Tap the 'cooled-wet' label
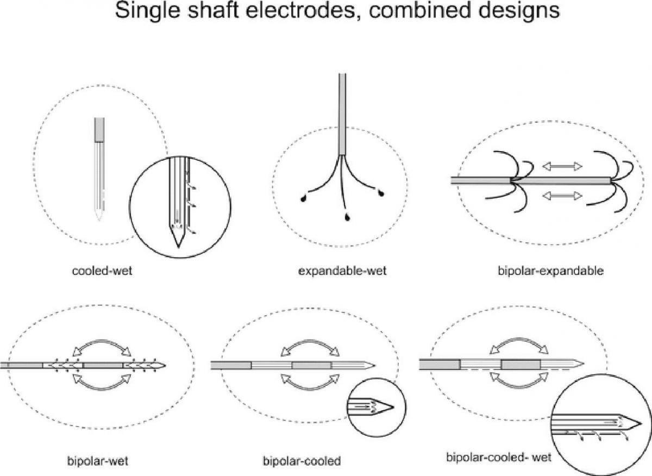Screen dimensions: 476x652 pyautogui.click(x=102, y=271)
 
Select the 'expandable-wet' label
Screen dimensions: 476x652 pyautogui.click(x=342, y=271)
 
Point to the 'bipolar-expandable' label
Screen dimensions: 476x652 pyautogui.click(x=550, y=271)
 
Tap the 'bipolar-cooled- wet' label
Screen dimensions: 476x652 pyautogui.click(x=499, y=457)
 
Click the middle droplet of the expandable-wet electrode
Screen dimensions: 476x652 pyautogui.click(x=346, y=217)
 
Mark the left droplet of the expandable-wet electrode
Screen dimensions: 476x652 pyautogui.click(x=303, y=199)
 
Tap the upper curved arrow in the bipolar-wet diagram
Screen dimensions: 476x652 pyautogui.click(x=103, y=345)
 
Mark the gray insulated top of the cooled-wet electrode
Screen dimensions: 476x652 pyautogui.click(x=99, y=130)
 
